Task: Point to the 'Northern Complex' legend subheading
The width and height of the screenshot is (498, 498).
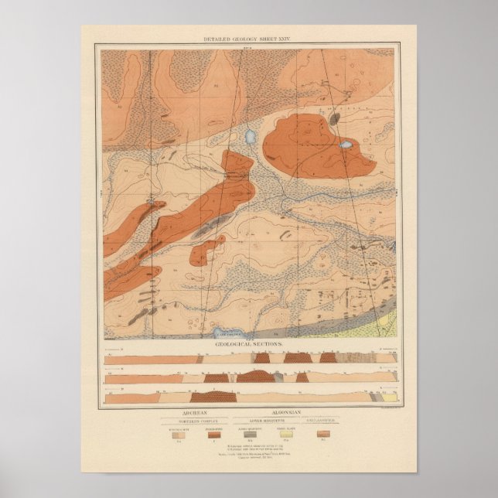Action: pyautogui.click(x=189, y=421)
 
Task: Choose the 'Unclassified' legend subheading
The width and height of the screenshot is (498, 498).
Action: pyautogui.click(x=323, y=421)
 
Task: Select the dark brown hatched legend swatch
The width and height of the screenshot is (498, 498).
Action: pyautogui.click(x=213, y=434)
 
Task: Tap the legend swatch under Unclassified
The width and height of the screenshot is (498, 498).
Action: pyautogui.click(x=323, y=434)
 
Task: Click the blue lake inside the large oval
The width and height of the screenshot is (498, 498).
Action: pyautogui.click(x=346, y=145)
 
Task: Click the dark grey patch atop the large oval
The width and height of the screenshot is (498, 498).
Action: pyautogui.click(x=334, y=119)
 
